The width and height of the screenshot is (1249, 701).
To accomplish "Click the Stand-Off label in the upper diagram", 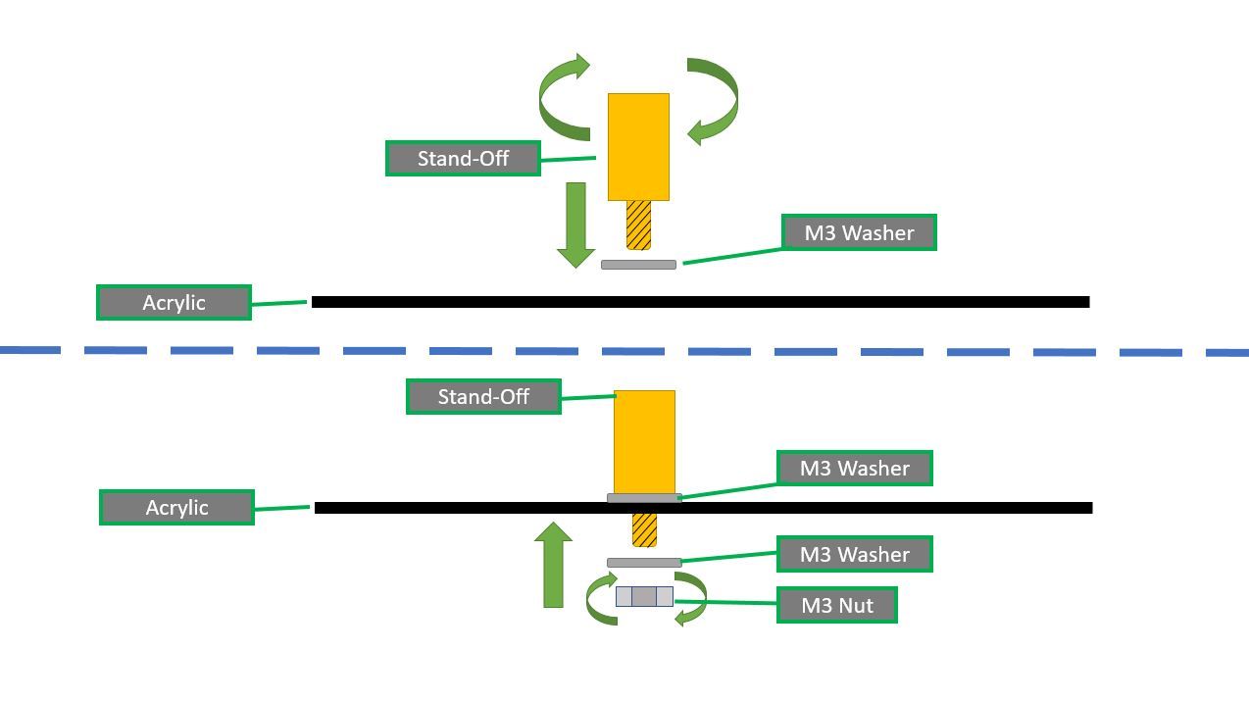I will pos(463,158).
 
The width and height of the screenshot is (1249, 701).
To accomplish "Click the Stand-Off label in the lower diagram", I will pos(483,396).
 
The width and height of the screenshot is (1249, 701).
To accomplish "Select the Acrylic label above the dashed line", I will pos(174,302).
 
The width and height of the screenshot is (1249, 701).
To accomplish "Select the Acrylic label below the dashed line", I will pos(176,507).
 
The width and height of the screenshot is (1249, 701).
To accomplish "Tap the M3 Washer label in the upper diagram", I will pos(859,232).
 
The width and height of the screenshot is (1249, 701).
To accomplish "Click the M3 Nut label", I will pos(836,605).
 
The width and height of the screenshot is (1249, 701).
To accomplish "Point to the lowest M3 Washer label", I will pos(854,554).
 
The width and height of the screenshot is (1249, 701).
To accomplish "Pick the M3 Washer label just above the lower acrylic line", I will pos(854,468).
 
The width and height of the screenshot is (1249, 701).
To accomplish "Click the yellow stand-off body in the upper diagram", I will pos(638,147).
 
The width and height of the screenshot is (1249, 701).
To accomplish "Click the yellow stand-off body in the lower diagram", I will pos(644,441).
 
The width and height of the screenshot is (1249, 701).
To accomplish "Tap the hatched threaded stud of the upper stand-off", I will pos(638,225).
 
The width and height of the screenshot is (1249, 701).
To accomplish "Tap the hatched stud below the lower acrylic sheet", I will pos(644,529).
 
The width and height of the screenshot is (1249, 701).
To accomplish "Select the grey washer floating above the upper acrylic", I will pos(638,265).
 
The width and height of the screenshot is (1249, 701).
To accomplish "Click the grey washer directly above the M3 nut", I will pos(643,563).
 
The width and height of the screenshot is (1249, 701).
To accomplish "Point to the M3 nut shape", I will pos(644,596).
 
